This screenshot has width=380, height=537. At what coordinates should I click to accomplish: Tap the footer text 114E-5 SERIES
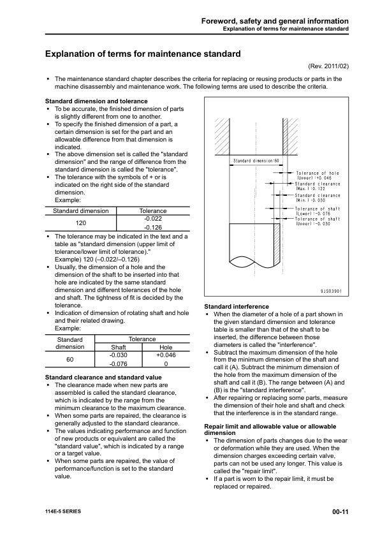(x=62, y=512)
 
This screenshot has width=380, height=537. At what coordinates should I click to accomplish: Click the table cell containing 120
(x=80, y=223)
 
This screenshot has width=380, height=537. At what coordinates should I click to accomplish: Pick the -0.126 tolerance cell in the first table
(x=152, y=227)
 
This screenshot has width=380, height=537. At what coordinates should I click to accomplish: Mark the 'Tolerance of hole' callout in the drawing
(x=317, y=175)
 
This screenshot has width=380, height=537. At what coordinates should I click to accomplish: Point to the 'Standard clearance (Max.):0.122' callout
(x=317, y=186)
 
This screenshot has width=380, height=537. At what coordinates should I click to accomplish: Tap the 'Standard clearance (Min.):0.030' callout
(x=317, y=198)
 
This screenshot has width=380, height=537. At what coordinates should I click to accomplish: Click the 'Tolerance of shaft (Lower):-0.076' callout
(x=317, y=211)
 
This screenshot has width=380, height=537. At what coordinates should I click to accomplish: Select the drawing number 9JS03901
(x=331, y=291)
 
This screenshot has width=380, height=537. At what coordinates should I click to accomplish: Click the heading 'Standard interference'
(x=236, y=307)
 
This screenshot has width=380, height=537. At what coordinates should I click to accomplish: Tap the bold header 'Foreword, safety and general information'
(x=275, y=21)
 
